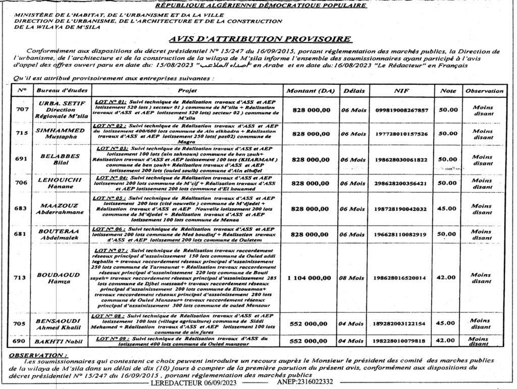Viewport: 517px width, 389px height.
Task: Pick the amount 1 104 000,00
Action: point(309,278)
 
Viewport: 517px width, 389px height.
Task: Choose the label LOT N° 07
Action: point(111,250)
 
